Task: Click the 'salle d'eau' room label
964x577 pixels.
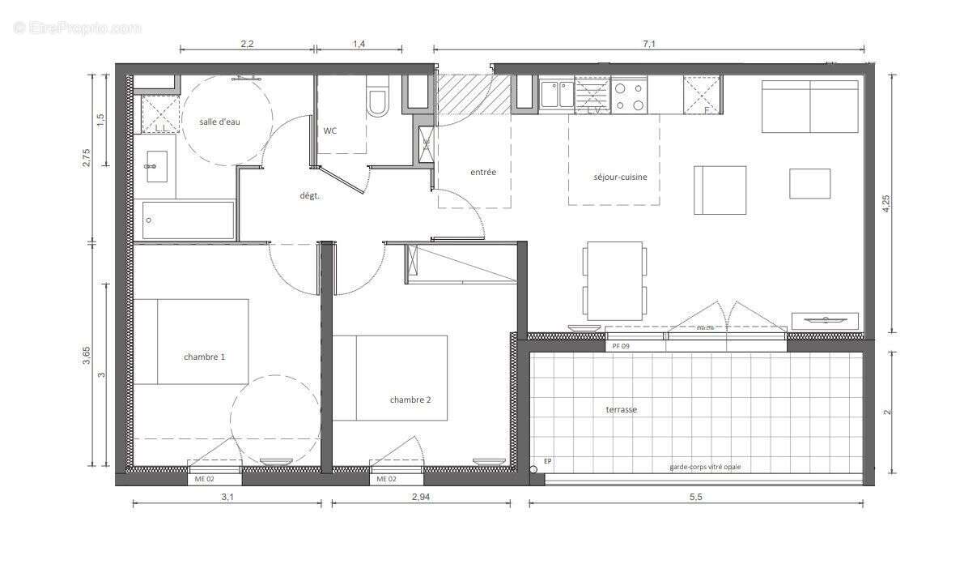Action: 220,122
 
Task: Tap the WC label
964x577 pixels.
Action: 330,130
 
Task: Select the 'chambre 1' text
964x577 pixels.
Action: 204,357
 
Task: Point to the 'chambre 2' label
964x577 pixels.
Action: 410,400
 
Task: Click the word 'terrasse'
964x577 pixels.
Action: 621,410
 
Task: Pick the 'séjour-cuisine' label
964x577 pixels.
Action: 620,177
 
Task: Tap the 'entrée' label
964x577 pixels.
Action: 483,172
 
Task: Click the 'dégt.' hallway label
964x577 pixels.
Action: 310,195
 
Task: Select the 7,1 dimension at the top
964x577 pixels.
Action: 648,45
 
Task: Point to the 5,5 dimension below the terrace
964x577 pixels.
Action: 695,498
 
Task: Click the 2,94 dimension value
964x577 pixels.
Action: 421,498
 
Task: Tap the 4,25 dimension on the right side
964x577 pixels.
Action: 887,203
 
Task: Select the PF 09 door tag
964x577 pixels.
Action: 622,346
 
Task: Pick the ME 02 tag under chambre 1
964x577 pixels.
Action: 205,479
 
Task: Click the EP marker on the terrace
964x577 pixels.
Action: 547,462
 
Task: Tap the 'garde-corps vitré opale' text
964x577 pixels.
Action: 704,467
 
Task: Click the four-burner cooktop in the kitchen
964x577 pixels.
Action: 629,96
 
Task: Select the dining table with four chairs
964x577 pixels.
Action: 615,280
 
